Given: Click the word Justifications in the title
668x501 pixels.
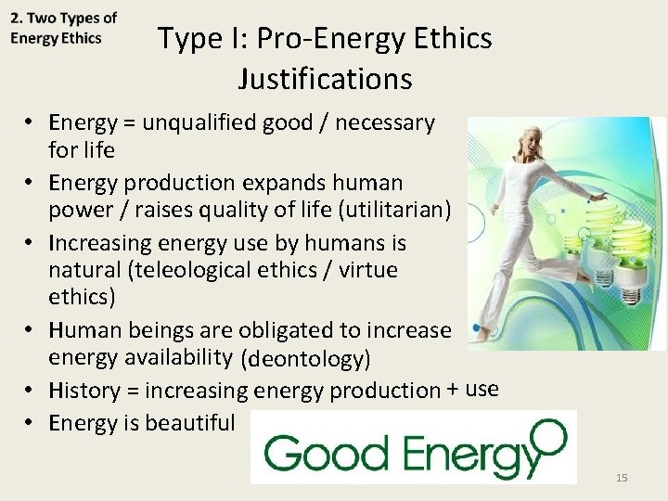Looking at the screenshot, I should [324, 79].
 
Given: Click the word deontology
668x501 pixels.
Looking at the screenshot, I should [305, 358].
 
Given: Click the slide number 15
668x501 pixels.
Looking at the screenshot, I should [622, 478].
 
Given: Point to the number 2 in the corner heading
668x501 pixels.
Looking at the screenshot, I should [16, 18].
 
